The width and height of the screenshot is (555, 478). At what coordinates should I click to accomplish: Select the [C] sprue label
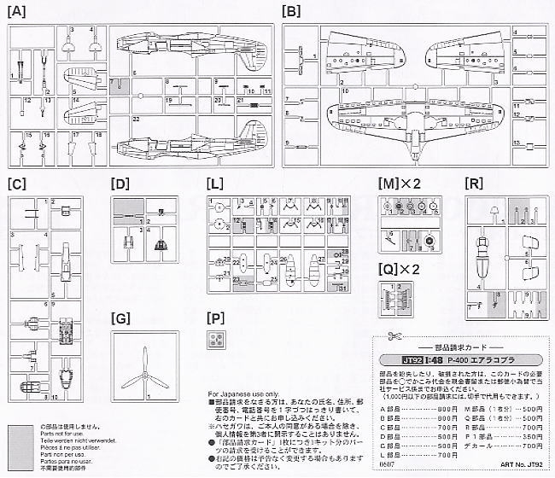(x=15, y=184)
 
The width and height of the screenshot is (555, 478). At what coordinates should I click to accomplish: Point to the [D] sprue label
(x=120, y=184)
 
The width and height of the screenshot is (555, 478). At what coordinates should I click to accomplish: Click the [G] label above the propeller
(x=121, y=318)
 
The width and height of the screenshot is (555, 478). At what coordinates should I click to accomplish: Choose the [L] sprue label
(x=217, y=184)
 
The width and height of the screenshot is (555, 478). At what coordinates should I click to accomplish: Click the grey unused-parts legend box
(x=17, y=447)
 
